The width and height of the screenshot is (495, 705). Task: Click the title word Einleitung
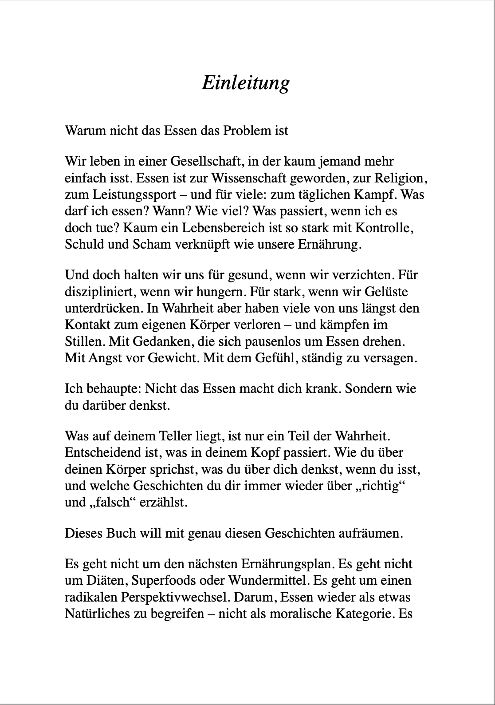(x=245, y=83)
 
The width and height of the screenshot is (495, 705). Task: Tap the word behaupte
(x=105, y=388)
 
